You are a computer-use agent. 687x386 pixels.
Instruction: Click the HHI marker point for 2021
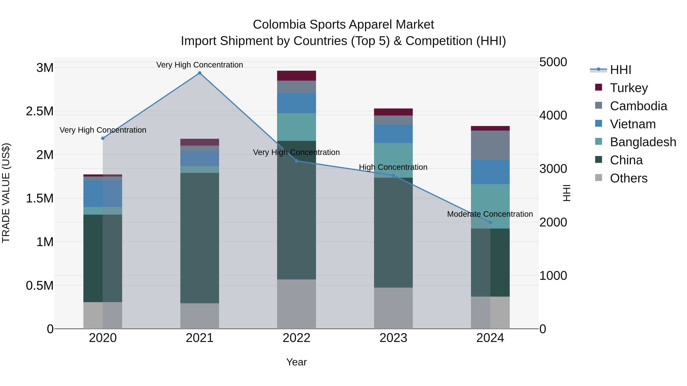[199, 73]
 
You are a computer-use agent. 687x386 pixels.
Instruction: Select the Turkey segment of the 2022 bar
[296, 76]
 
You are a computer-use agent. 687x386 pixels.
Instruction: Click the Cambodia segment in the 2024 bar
[490, 145]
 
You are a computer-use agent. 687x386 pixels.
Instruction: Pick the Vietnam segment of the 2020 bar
[103, 194]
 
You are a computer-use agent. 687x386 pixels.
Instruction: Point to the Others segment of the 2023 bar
[393, 308]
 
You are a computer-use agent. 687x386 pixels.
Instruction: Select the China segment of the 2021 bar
[199, 238]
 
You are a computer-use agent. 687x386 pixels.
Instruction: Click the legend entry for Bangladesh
[643, 142]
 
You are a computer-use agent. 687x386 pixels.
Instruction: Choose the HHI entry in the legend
[620, 70]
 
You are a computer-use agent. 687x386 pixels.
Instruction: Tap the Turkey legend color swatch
[598, 87]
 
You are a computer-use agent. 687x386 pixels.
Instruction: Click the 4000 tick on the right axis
[553, 115]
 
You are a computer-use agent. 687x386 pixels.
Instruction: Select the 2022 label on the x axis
[296, 338]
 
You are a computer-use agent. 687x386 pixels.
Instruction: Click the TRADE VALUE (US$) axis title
[6, 193]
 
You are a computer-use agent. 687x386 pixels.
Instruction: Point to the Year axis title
[296, 362]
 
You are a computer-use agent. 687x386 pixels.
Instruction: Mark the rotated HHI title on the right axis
[566, 193]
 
